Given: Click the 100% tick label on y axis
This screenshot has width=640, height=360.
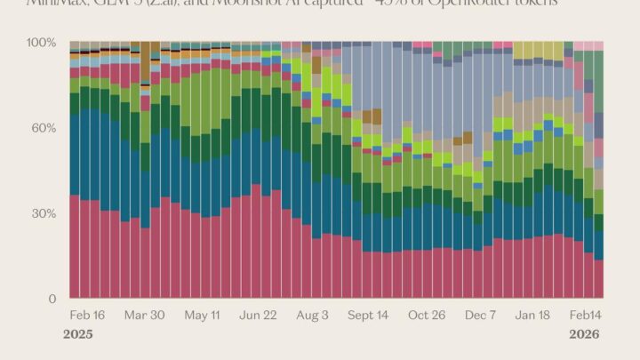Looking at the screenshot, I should point(42,43).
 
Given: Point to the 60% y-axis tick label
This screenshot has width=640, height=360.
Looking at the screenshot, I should point(44,128).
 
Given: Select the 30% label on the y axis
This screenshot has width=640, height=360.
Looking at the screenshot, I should point(44,213).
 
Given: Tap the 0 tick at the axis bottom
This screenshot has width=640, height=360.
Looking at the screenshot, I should point(52,299).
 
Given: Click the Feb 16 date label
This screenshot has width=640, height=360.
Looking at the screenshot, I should point(87,316).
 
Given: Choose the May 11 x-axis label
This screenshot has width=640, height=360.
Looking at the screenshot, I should point(203,316).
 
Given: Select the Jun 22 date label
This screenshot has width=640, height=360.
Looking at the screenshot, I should point(259,316).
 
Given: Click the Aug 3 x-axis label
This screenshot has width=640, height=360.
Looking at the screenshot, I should point(313,316).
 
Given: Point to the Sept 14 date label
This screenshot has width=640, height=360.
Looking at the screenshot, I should point(367,316).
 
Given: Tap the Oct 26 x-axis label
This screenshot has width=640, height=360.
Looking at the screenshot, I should point(427,316).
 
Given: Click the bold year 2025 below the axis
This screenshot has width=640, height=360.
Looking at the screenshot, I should point(78,335).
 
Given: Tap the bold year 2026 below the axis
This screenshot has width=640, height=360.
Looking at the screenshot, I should point(584,335).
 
